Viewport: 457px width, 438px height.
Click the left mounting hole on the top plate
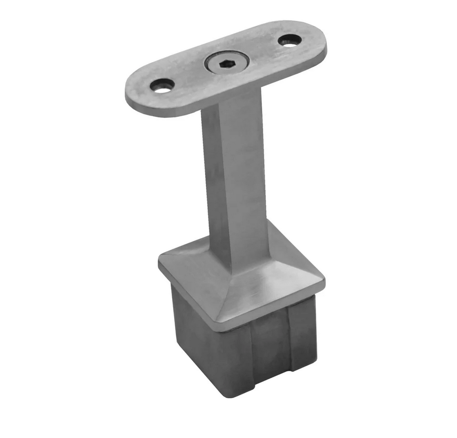(162, 85)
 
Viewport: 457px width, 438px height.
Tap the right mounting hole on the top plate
(290, 40)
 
